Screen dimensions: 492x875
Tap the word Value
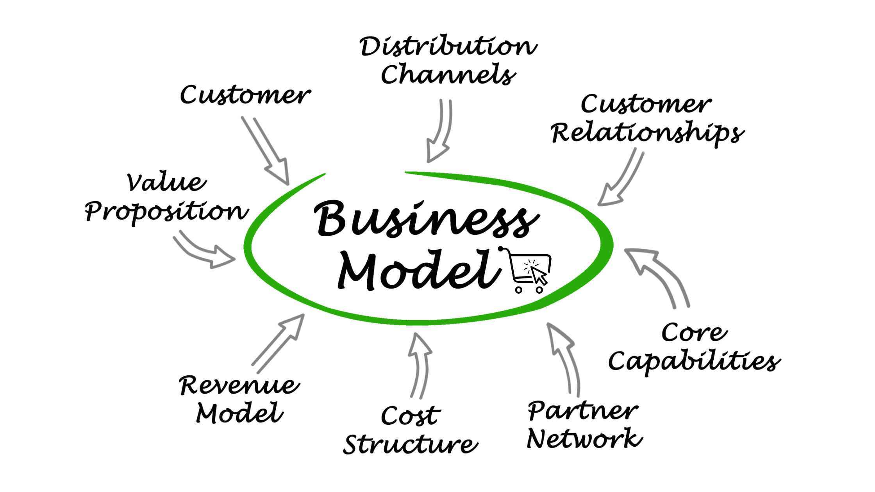point(166,182)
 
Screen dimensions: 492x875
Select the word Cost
point(410,415)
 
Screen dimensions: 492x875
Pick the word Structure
point(410,444)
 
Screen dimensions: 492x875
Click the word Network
point(584,439)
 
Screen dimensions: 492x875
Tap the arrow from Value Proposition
point(203,250)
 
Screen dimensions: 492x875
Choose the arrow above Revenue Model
point(279,342)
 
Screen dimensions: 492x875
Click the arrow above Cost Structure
point(420,363)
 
